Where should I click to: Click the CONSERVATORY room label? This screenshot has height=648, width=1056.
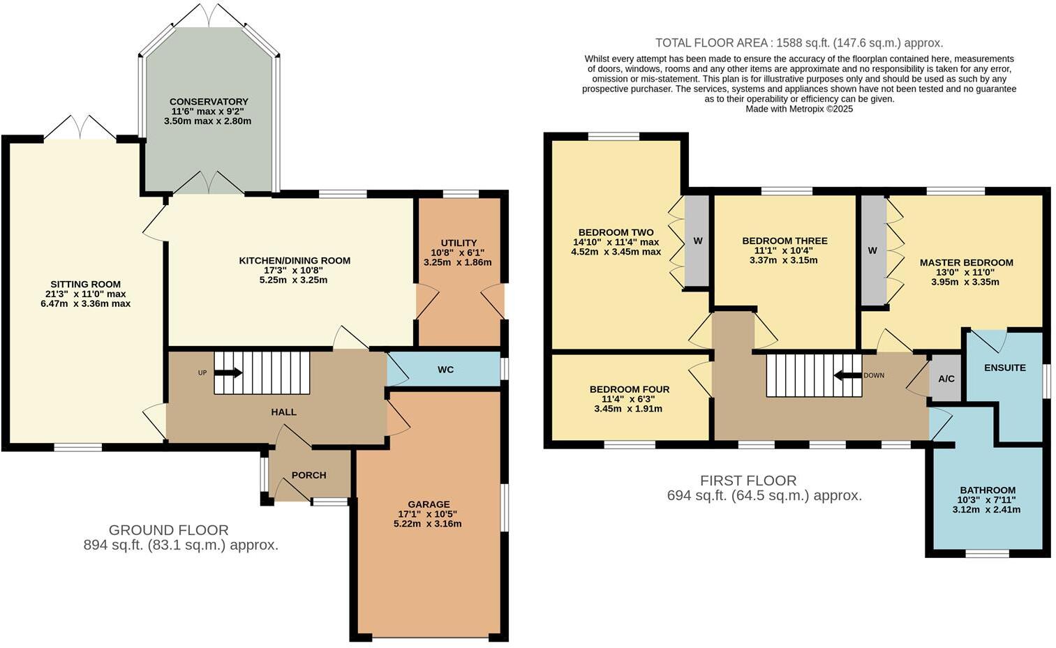pos(208,102)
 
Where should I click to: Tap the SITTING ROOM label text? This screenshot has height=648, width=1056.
pos(85,284)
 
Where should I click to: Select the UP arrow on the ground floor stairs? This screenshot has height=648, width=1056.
pos(229,372)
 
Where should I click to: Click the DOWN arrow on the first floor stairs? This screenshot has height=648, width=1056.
pos(847,375)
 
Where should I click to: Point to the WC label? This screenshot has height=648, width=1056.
pos(445,369)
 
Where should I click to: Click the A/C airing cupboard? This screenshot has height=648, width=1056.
pos(946,379)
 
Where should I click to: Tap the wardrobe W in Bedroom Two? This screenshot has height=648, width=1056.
pos(697,241)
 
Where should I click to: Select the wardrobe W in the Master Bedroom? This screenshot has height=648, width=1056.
pos(872,250)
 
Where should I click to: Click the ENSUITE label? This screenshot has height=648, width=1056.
pos(1004,368)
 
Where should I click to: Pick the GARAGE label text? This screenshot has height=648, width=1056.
pos(429,504)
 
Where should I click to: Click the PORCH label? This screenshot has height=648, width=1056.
pos(308,475)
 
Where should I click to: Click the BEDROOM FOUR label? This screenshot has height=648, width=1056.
pos(629,389)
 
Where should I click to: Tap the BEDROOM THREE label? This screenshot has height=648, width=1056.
pos(784,241)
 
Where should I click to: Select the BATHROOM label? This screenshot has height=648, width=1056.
pos(987,490)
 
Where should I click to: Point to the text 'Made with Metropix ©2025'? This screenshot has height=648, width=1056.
pos(798,109)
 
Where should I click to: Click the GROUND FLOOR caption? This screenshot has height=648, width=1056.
pos(168,530)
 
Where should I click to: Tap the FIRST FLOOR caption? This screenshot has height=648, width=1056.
pos(748,481)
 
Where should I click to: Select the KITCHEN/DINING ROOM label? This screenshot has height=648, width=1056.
pos(295,261)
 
